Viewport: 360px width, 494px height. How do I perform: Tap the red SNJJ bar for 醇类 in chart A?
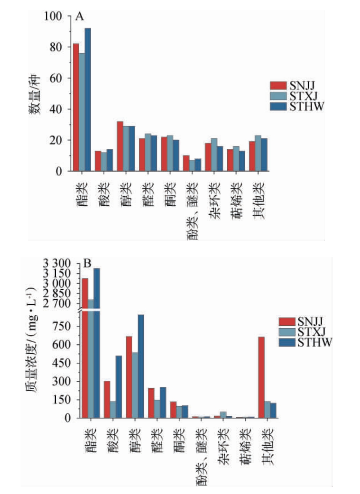point(120,146)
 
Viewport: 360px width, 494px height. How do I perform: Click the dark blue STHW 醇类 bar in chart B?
point(141,366)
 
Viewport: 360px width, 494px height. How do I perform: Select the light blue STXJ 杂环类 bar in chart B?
point(223,415)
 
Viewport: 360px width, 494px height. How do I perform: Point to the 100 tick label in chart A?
point(52,16)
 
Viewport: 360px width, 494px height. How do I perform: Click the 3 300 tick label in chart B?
point(56,263)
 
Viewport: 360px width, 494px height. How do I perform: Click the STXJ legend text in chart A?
point(303,96)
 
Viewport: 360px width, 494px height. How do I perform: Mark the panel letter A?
point(80,16)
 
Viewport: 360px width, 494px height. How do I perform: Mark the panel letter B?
point(87,264)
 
